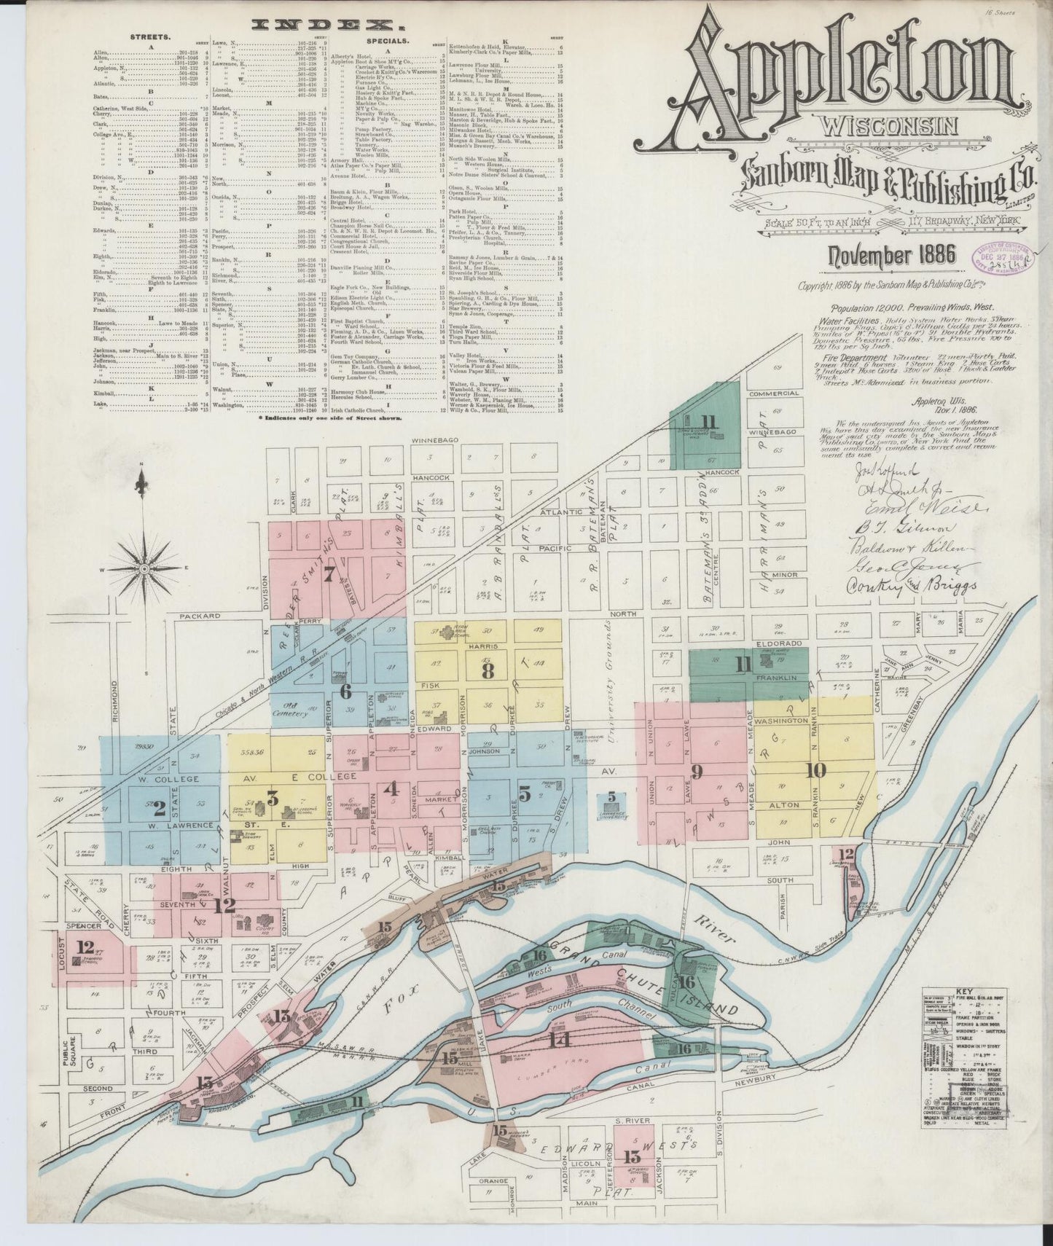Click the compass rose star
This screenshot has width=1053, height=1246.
(144, 568)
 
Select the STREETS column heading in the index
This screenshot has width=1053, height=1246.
(150, 35)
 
